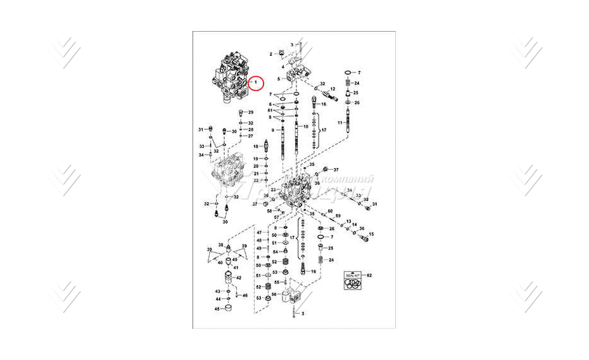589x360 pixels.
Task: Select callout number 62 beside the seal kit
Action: tap(369, 275)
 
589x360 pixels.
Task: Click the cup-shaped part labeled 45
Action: tap(229, 309)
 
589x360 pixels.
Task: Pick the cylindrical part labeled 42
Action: tap(229, 278)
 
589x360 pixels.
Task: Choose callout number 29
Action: tap(250, 112)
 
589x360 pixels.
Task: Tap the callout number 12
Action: tap(332, 88)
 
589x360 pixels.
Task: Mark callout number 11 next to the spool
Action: tap(340, 122)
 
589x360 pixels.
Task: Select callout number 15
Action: tap(371, 235)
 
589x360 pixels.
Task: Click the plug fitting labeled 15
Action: tap(363, 238)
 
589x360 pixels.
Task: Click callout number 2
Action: tap(271, 54)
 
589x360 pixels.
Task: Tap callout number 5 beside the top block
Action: tap(277, 79)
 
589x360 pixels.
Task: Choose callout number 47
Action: tap(259, 233)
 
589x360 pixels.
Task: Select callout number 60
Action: tap(330, 210)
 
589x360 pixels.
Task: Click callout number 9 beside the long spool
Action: tap(273, 130)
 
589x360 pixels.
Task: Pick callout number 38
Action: tap(220, 245)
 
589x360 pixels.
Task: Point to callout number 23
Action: tap(273, 190)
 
